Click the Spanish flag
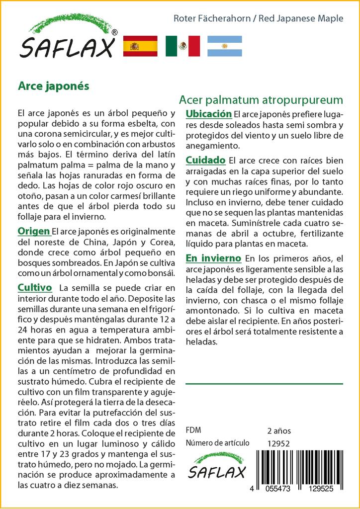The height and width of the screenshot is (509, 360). click(x=140, y=46)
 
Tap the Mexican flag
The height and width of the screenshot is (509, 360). click(x=182, y=46)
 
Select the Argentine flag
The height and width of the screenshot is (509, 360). click(x=225, y=46)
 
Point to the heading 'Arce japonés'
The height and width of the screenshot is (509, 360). click(x=53, y=85)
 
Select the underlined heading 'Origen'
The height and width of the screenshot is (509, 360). click(x=34, y=231)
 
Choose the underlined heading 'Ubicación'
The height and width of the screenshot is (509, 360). click(x=208, y=114)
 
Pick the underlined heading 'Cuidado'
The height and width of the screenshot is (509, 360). click(x=205, y=161)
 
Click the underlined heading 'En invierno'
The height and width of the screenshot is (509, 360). click(x=213, y=258)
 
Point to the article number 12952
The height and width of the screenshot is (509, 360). click(x=278, y=443)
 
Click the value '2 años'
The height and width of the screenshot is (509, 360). click(x=279, y=431)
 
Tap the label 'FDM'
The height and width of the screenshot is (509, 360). click(x=193, y=430)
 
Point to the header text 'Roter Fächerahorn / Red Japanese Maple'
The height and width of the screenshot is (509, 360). click(x=258, y=18)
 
